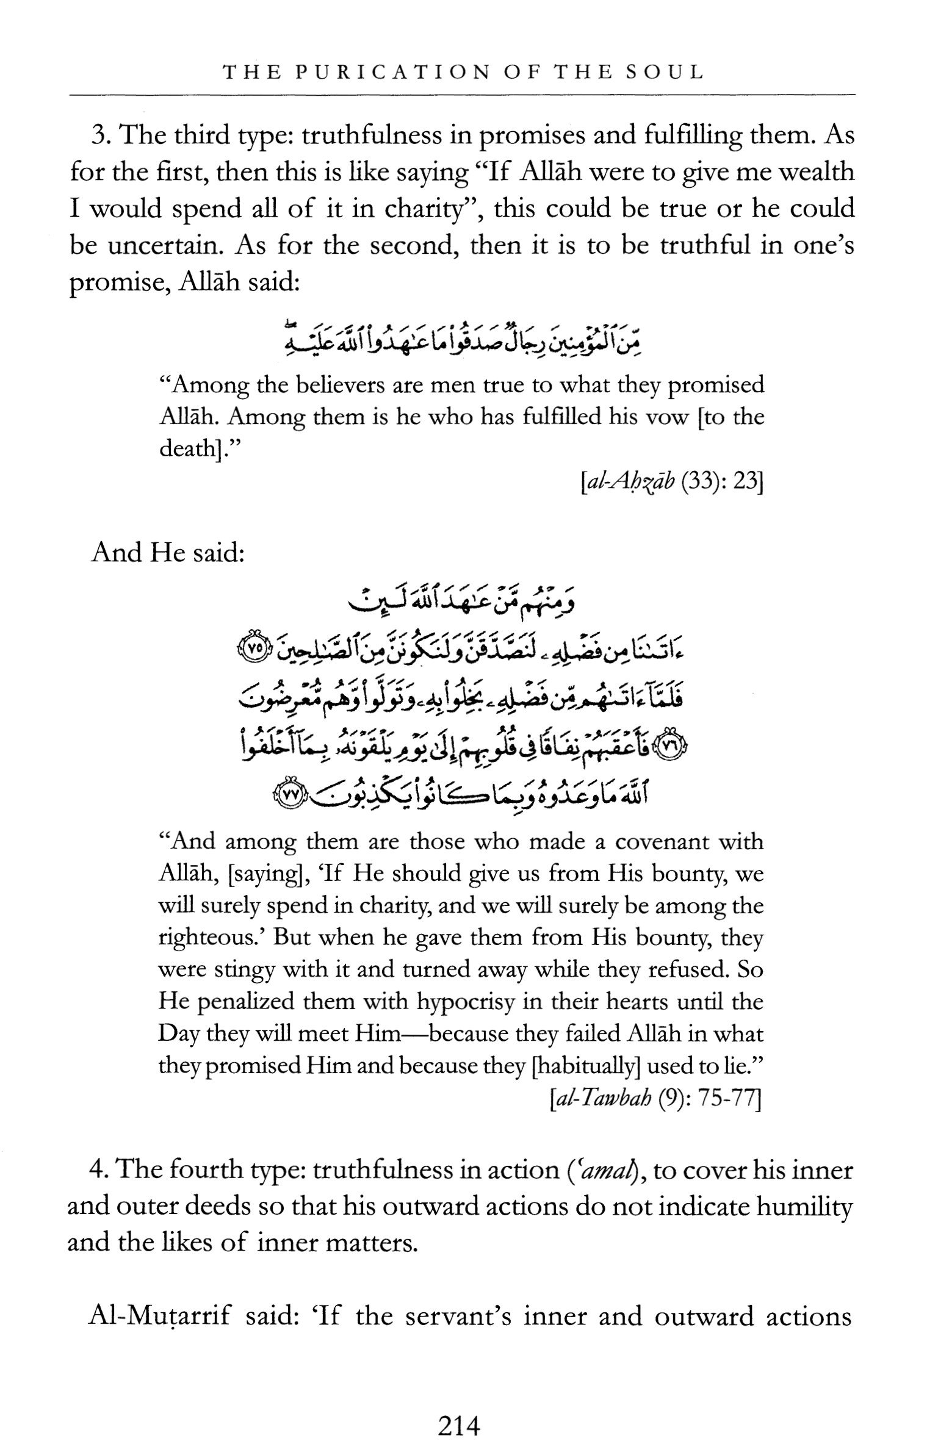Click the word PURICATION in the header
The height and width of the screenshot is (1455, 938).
coord(392,73)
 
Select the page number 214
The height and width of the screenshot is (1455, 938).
coord(459,1426)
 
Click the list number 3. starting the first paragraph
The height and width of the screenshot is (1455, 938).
coord(101,135)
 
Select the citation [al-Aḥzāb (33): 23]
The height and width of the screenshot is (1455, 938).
coord(672,481)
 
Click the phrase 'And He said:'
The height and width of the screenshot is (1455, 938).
coord(168,553)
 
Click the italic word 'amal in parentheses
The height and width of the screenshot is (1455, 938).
coord(604,1169)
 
